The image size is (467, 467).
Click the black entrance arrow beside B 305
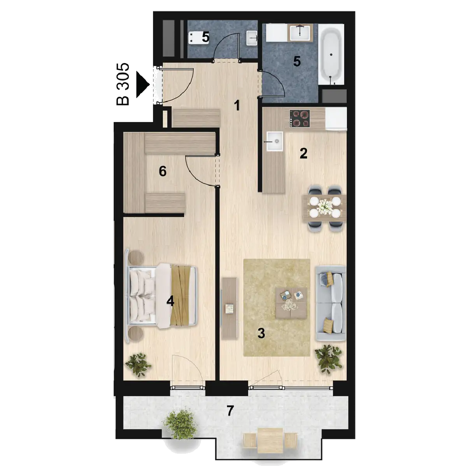142,84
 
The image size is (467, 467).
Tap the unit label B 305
123,84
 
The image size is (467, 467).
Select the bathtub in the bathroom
331,54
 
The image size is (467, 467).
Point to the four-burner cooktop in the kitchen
300,119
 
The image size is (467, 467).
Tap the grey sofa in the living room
331,303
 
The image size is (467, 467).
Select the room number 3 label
261,333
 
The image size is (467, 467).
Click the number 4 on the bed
170,302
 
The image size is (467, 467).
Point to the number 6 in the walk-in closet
163,172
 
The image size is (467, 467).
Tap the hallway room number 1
237,106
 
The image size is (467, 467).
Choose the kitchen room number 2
304,153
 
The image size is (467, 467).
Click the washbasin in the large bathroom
300,32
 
